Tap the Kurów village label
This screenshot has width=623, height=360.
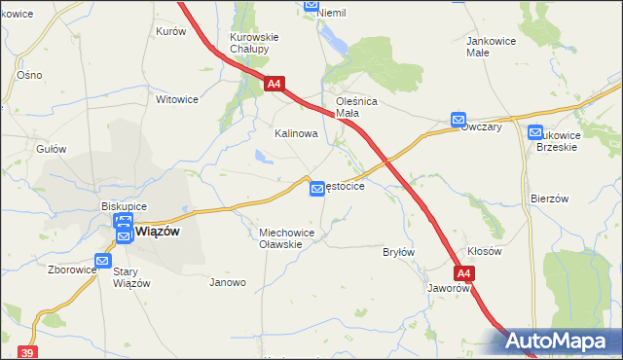pyautogui.click(x=170, y=31)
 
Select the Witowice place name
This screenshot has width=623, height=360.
pyautogui.click(x=177, y=99)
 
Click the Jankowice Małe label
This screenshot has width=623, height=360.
pyautogui.click(x=491, y=47)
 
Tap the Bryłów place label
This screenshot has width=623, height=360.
pyautogui.click(x=399, y=252)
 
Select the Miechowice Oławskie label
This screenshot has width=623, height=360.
pyautogui.click(x=285, y=238)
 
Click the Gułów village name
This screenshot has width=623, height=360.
pyautogui.click(x=51, y=149)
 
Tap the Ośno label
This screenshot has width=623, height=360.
pyautogui.click(x=29, y=75)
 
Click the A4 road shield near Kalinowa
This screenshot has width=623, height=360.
pyautogui.click(x=274, y=85)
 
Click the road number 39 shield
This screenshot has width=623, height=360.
pyautogui.click(x=27, y=352)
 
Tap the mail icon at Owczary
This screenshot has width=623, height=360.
pyautogui.click(x=458, y=120)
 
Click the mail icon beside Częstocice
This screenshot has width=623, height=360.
pyautogui.click(x=317, y=188)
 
